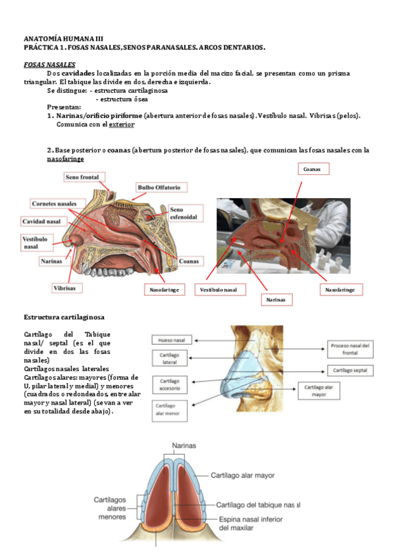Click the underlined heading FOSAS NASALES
[49, 64]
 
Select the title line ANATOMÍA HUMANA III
[63, 39]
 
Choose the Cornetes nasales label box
[59, 203]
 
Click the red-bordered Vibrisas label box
[65, 288]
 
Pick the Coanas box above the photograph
[313, 169]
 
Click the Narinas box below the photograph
[276, 299]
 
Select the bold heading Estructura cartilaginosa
[63, 317]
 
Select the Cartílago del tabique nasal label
[257, 505]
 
